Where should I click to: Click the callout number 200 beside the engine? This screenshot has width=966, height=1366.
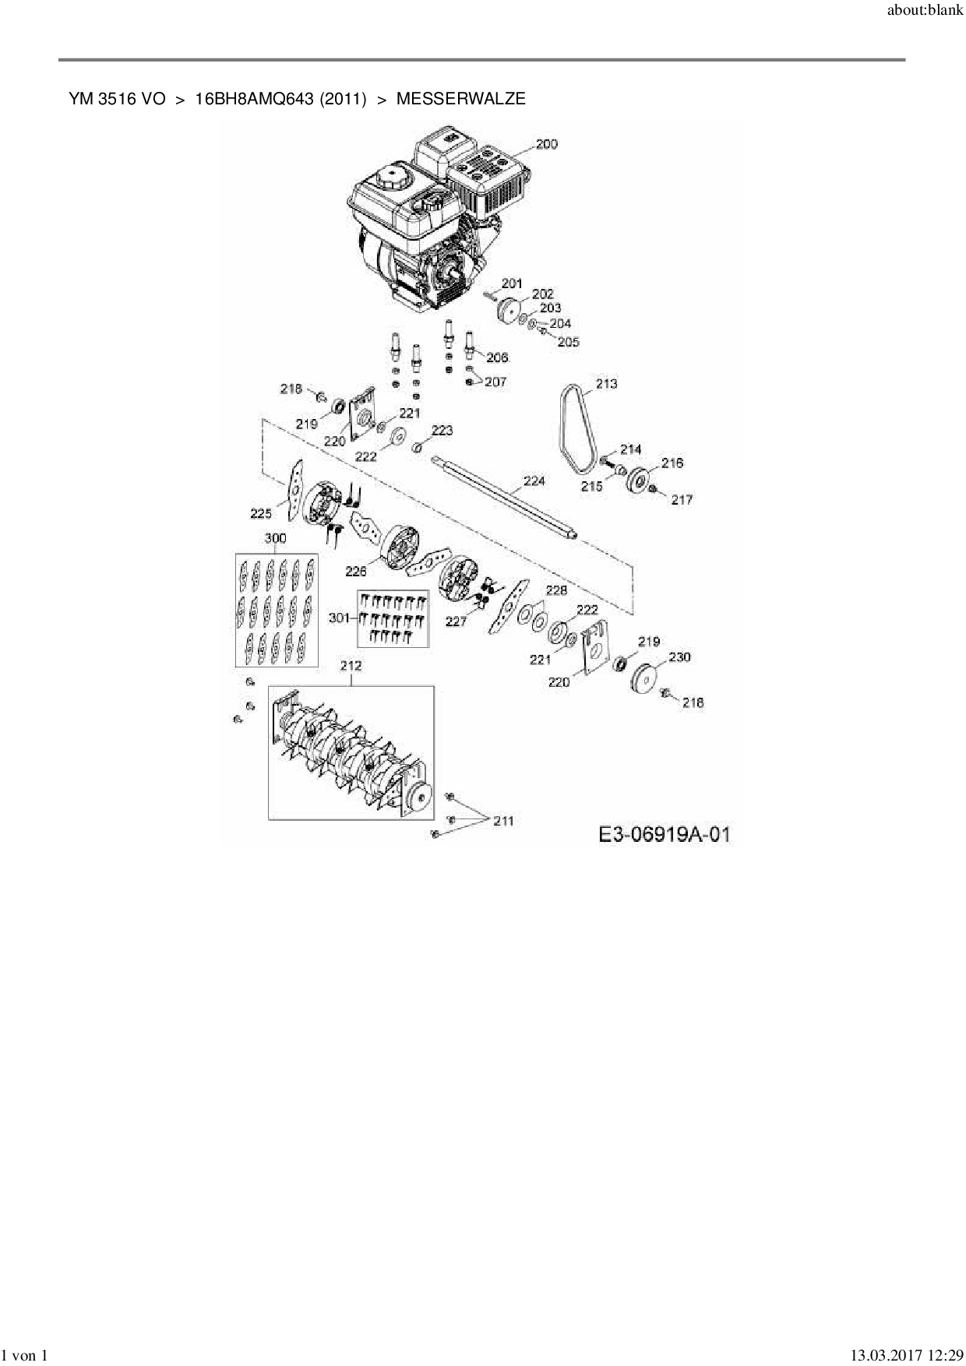(547, 144)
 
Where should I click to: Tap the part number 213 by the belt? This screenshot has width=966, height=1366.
(606, 383)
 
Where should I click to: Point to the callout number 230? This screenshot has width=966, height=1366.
(679, 657)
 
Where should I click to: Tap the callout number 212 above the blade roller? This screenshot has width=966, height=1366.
(351, 666)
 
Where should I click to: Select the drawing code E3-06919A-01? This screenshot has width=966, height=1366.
(665, 835)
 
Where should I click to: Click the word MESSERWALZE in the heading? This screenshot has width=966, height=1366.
(461, 99)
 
